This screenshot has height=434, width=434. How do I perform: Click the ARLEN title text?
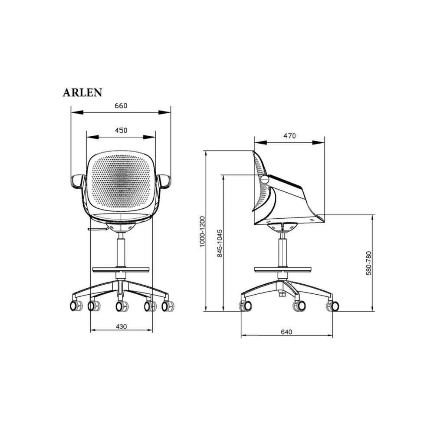[x=82, y=92]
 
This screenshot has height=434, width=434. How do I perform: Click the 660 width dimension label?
[x=121, y=106]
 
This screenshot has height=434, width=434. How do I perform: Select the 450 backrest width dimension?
[x=121, y=130]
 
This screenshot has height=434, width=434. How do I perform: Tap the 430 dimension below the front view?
[x=121, y=326]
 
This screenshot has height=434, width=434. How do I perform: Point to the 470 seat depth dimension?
[x=289, y=136]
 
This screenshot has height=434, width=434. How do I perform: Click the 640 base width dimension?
[x=286, y=332]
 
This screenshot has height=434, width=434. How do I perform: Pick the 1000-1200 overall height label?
[x=202, y=231]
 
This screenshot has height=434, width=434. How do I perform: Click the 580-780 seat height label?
[x=368, y=263]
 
